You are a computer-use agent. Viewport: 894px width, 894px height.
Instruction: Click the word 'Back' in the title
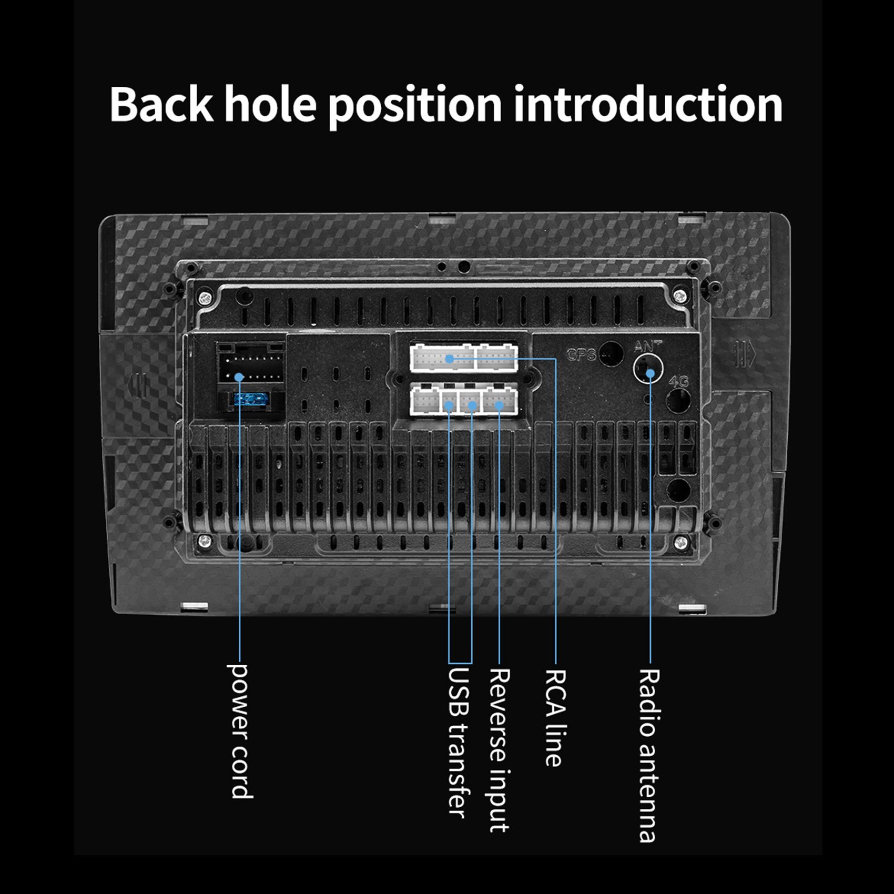pyautogui.click(x=161, y=104)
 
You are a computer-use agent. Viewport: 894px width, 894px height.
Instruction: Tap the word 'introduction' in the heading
pyautogui.click(x=648, y=104)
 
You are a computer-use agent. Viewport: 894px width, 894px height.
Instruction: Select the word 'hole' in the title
pyautogui.click(x=271, y=104)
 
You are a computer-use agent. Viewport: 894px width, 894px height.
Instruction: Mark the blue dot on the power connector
pyautogui.click(x=239, y=377)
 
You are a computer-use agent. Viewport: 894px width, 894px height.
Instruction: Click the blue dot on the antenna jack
pyautogui.click(x=651, y=373)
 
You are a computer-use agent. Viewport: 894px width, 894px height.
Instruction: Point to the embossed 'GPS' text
pyautogui.click(x=582, y=355)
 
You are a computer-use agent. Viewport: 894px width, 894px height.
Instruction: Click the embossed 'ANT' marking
pyautogui.click(x=648, y=346)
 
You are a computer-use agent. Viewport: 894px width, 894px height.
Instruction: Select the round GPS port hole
pyautogui.click(x=611, y=353)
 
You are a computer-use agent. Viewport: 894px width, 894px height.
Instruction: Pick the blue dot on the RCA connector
pyautogui.click(x=449, y=359)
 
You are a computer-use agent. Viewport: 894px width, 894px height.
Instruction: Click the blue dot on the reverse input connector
pyautogui.click(x=499, y=405)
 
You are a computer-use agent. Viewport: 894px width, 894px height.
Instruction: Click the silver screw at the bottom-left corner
pyautogui.click(x=205, y=541)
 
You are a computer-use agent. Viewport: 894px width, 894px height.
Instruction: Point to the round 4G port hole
pyautogui.click(x=678, y=401)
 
